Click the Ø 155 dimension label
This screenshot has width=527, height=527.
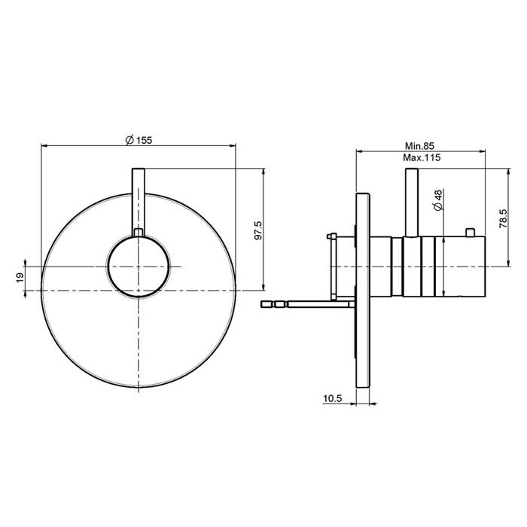click(x=139, y=139)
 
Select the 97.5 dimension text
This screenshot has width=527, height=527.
click(x=257, y=230)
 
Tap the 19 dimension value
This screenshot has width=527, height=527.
click(x=20, y=277)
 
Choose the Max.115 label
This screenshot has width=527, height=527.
click(x=421, y=158)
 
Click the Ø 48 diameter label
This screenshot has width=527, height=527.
click(x=437, y=200)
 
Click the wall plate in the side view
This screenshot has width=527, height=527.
click(x=363, y=301)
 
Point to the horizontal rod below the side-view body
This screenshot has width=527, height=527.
click(x=309, y=304)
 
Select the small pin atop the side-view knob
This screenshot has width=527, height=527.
click(x=471, y=231)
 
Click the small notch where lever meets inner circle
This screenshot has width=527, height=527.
click(x=139, y=233)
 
